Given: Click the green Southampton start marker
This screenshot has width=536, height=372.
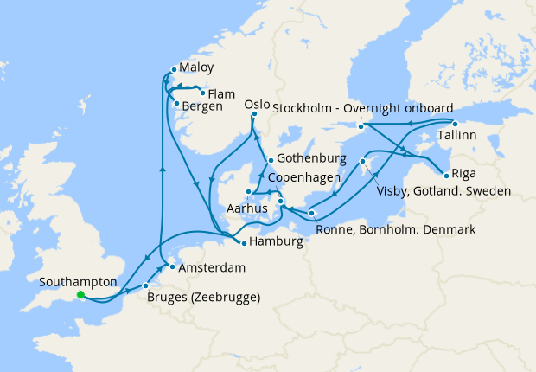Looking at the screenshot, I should (x=80, y=294).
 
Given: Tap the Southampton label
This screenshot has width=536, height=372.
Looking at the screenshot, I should (x=78, y=281).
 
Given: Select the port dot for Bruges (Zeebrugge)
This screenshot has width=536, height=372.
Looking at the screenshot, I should (x=146, y=285).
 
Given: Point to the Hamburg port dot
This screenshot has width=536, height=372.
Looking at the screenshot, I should (x=245, y=242).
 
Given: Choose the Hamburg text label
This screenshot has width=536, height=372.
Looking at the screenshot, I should (x=277, y=242).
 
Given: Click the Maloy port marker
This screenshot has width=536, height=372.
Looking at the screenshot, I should (x=174, y=68).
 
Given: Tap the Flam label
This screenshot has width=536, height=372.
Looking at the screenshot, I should (x=222, y=93).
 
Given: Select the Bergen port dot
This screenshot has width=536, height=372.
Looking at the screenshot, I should (x=177, y=106).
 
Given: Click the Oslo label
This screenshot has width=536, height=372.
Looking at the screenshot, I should (x=257, y=105).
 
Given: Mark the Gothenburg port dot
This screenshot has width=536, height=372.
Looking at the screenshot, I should (x=271, y=160).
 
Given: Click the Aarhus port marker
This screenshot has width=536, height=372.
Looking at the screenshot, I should (x=248, y=192).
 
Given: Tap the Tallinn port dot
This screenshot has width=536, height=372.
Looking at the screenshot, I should (x=455, y=124).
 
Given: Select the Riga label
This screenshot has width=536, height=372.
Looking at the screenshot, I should (x=463, y=173).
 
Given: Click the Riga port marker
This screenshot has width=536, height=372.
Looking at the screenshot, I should (x=444, y=173).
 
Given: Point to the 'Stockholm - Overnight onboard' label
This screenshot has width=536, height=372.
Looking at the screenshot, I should (x=363, y=109).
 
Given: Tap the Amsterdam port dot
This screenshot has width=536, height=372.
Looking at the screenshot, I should (x=172, y=267).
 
